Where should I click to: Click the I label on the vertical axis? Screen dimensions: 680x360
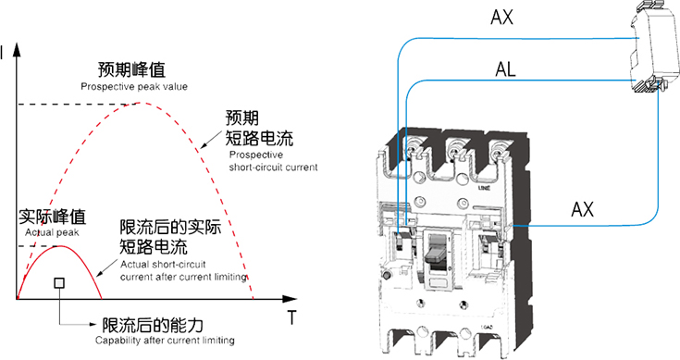(2, 54)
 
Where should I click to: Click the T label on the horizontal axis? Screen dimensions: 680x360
(291, 317)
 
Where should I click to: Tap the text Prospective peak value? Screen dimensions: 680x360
(134, 87)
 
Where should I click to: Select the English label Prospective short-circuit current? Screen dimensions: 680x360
(273, 161)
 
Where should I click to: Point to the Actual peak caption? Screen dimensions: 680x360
(52, 232)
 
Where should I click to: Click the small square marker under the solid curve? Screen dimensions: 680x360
(59, 283)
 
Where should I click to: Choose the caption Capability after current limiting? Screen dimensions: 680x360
(165, 341)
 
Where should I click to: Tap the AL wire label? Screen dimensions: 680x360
(506, 69)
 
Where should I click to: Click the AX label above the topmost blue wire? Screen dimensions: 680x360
(501, 18)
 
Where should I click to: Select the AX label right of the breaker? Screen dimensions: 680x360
(583, 210)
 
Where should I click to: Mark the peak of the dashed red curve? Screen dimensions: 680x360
(139, 103)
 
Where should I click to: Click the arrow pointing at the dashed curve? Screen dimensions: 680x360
(210, 140)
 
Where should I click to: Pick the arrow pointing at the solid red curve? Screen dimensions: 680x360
(106, 267)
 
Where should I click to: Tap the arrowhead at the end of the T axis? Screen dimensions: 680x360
(290, 299)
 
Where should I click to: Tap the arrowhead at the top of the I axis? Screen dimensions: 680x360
(17, 49)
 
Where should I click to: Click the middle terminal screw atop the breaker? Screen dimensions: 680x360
(453, 153)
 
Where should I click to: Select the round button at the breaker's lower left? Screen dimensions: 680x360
(387, 275)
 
